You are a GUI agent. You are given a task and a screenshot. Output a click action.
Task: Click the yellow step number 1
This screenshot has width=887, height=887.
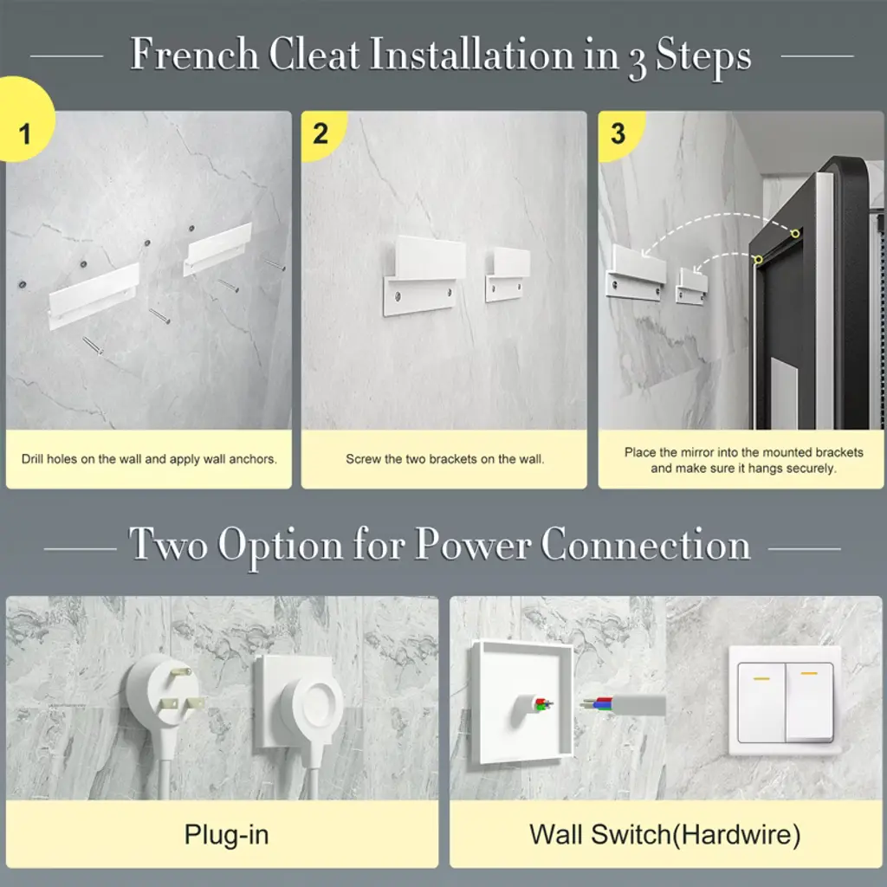pyautogui.click(x=24, y=134)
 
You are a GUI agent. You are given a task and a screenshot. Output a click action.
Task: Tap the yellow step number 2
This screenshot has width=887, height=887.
pyautogui.click(x=320, y=134)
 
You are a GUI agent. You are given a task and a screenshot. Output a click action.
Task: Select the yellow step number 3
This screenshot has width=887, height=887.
pyautogui.click(x=618, y=134)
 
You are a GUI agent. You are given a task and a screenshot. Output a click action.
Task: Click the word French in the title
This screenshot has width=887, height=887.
pyautogui.click(x=194, y=55)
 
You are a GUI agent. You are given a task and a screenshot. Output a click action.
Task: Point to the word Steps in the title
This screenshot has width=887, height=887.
pyautogui.click(x=703, y=56)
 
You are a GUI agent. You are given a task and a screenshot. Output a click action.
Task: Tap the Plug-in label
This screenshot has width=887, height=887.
pyautogui.click(x=226, y=835)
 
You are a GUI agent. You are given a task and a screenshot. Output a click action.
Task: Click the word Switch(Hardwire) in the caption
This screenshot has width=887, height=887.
pyautogui.click(x=696, y=835)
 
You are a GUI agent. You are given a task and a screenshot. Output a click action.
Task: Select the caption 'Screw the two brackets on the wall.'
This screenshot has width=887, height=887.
pyautogui.click(x=444, y=459)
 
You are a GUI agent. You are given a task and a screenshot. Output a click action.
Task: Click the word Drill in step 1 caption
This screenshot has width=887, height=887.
pyautogui.click(x=32, y=459)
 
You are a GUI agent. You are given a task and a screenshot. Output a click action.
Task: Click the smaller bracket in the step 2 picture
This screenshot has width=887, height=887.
pyautogui.click(x=508, y=274)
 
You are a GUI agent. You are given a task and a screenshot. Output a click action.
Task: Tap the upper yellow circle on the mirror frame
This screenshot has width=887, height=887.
pyautogui.click(x=795, y=233)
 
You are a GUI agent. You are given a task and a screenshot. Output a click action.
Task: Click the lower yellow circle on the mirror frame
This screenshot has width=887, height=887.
pyautogui.click(x=758, y=260)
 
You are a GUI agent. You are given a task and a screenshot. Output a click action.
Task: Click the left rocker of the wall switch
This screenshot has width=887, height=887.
pyautogui.click(x=761, y=702)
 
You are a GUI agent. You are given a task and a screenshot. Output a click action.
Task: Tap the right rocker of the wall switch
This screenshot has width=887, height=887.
pyautogui.click(x=810, y=702)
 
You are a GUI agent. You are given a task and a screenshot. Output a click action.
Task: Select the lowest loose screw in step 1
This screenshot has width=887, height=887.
pyautogui.click(x=93, y=346)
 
